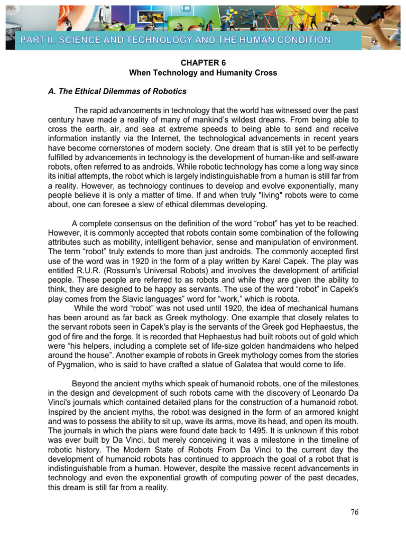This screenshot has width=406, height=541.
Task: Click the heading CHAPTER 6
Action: (x=202, y=61)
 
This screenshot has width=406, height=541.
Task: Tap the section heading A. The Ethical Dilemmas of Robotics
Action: (x=117, y=91)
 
